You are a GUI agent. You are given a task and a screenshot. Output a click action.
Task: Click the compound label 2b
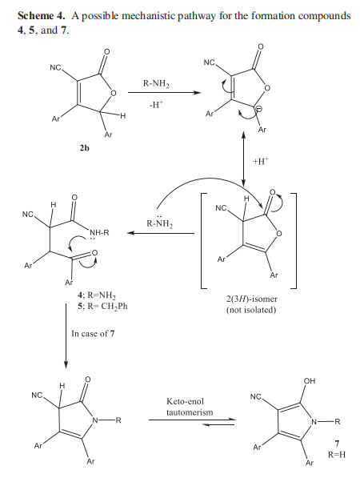pyautogui.click(x=84, y=148)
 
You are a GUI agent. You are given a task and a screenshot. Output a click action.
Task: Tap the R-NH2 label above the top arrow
pyautogui.click(x=156, y=84)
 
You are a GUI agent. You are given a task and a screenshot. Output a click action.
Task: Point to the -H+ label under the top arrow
pyautogui.click(x=156, y=104)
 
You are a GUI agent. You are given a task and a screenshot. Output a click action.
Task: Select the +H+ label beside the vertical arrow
pyautogui.click(x=261, y=161)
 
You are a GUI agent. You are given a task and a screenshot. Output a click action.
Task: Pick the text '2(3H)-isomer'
pyautogui.click(x=251, y=299)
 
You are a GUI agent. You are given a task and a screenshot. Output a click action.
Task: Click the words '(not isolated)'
pyautogui.click(x=251, y=310)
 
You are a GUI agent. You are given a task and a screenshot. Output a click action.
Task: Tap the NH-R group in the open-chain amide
pyautogui.click(x=99, y=232)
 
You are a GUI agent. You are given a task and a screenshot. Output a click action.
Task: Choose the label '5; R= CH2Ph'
pyautogui.click(x=102, y=306)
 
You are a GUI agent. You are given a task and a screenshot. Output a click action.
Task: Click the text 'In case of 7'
pyautogui.click(x=93, y=334)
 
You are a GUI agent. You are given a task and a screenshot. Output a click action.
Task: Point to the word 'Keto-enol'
pyautogui.click(x=185, y=401)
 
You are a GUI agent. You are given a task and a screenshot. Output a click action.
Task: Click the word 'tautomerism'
pyautogui.click(x=190, y=412)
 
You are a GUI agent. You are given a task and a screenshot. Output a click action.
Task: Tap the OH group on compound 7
pyautogui.click(x=309, y=381)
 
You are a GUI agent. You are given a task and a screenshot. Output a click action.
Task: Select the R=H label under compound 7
pyautogui.click(x=337, y=455)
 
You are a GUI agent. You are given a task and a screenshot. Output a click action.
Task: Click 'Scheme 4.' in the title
pyautogui.click(x=42, y=16)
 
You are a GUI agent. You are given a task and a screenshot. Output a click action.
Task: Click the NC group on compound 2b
pyautogui.click(x=56, y=67)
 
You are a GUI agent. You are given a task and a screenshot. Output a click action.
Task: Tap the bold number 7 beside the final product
pyautogui.click(x=337, y=444)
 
